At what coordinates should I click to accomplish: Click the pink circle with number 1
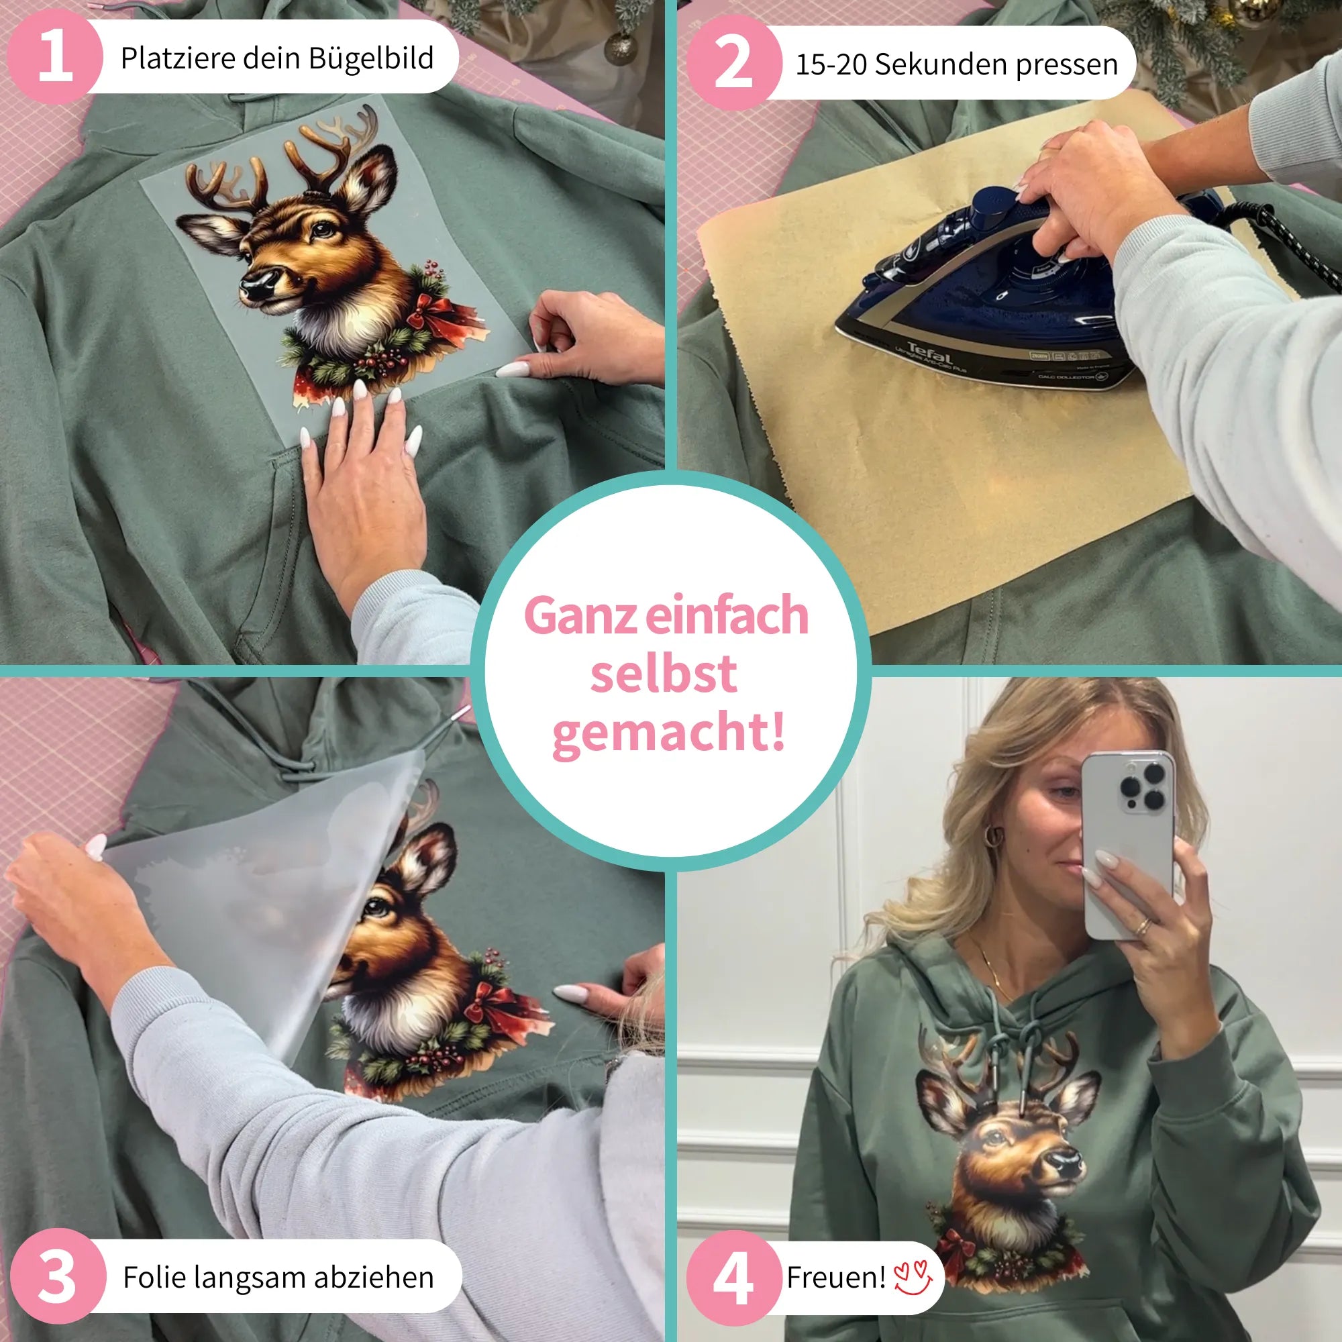pyautogui.click(x=54, y=58)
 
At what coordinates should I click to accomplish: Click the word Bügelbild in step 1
pyautogui.click(x=371, y=58)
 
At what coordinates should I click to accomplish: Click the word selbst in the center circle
pyautogui.click(x=664, y=673)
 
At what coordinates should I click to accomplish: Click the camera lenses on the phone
pyautogui.click(x=1143, y=785)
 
